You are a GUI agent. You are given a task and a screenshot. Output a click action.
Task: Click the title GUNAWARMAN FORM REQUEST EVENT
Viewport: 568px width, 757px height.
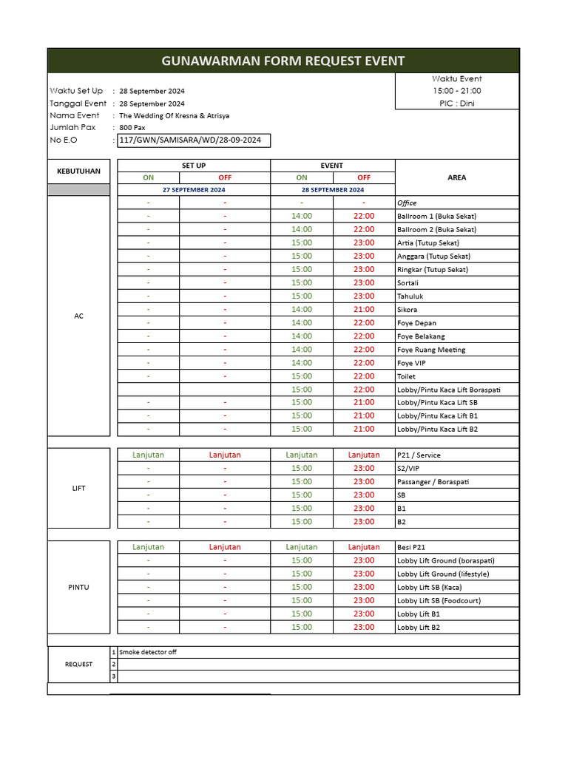[x=283, y=61]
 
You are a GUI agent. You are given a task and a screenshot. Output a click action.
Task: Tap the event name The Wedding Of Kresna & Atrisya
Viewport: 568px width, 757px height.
[x=174, y=115]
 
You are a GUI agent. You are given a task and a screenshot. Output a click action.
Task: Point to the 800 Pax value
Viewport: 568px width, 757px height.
[x=132, y=128]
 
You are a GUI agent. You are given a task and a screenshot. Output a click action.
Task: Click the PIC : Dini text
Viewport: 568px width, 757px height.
[x=456, y=103]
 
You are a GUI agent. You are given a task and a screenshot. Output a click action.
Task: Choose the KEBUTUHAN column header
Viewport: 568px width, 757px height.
[x=78, y=172]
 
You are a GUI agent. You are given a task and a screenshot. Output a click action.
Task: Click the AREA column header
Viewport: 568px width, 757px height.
[x=456, y=177]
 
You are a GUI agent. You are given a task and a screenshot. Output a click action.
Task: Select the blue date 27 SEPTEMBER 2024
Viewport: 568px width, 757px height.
[x=194, y=190]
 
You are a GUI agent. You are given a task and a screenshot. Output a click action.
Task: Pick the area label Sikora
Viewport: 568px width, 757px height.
[x=407, y=310]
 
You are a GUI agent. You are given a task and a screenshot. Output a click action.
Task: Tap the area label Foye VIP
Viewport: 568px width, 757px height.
[x=411, y=363]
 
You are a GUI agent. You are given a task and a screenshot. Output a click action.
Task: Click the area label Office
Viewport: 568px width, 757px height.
[x=407, y=203]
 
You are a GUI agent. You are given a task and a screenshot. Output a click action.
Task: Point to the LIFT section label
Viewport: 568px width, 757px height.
[x=78, y=489]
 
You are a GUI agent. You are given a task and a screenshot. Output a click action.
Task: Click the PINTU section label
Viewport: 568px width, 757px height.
[x=78, y=588]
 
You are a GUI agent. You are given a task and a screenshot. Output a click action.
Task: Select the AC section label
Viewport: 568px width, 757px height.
[x=78, y=316]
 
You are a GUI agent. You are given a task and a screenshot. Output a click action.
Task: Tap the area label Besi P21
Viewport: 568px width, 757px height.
[x=411, y=548]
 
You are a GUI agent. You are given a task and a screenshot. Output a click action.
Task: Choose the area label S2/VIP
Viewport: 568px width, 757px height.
[x=408, y=469]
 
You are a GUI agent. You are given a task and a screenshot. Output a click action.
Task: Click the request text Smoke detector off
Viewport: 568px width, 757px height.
[x=148, y=652]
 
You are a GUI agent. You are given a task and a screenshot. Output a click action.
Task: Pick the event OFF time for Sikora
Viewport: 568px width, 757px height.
[x=364, y=310]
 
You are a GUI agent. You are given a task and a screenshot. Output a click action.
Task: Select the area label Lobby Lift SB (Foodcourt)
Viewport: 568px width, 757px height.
[x=439, y=601]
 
